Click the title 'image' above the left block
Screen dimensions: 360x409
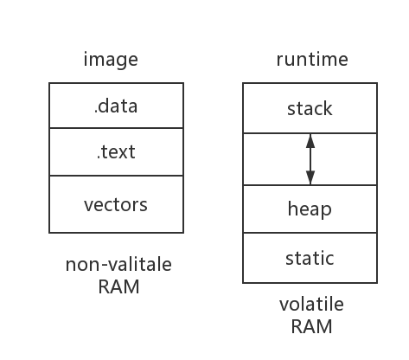[110, 60]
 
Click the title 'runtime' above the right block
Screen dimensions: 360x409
[312, 60]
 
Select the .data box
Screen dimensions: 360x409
[116, 106]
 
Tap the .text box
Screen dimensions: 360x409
[116, 153]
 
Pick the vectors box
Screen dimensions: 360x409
[116, 205]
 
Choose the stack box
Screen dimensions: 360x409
[310, 109]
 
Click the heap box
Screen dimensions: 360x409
[310, 209]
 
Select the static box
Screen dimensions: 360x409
[310, 258]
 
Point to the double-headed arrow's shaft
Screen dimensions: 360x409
[310, 159]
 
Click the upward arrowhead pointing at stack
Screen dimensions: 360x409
[310, 140]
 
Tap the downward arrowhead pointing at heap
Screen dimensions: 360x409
[310, 178]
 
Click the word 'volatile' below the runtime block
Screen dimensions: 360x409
[311, 305]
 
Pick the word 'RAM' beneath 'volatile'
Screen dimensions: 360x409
[311, 326]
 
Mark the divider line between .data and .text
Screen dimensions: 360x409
[116, 129]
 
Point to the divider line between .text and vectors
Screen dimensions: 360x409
[116, 176]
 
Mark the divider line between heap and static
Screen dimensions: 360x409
[310, 234]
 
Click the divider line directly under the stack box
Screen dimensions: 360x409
[277, 133]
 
